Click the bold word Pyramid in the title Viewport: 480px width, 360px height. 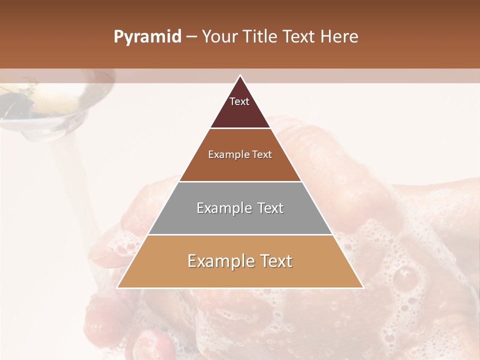(147, 37)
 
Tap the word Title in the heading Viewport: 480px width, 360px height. (259, 37)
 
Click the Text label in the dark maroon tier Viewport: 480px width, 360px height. (239, 102)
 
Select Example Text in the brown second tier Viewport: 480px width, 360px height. (240, 155)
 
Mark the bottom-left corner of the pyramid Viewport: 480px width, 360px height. (117, 287)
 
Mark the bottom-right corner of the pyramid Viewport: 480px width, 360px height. (363, 287)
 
